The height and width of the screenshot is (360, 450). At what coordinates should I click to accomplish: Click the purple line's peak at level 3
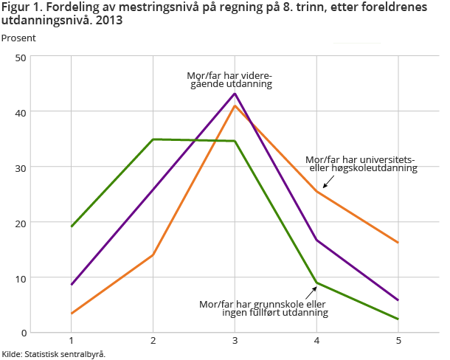pyautogui.click(x=235, y=94)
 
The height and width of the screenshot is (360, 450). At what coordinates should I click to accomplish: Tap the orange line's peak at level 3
pyautogui.click(x=235, y=106)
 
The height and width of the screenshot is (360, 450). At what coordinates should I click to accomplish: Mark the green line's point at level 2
pyautogui.click(x=153, y=139)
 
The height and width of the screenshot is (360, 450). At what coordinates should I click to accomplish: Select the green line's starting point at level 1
pyautogui.click(x=71, y=226)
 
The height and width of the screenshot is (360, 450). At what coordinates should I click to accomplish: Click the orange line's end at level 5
pyautogui.click(x=398, y=243)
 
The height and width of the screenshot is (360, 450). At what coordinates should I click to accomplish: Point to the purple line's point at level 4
pyautogui.click(x=316, y=240)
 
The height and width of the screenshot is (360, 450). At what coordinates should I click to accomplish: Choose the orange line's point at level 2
pyautogui.click(x=153, y=255)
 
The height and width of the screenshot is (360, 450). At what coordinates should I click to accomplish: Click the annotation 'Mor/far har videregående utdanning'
pyautogui.click(x=229, y=79)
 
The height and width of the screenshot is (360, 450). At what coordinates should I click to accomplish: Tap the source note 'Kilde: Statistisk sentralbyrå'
pyautogui.click(x=53, y=353)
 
